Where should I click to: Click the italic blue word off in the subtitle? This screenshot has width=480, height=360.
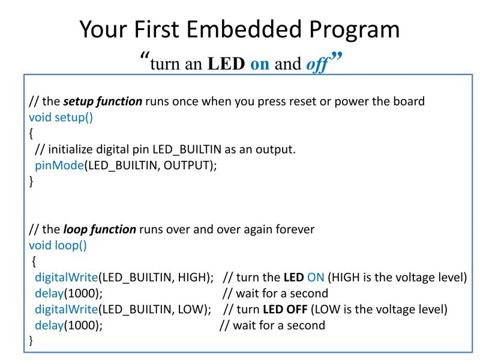317,64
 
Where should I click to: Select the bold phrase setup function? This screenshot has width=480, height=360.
103,101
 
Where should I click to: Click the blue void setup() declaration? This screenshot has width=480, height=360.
61,117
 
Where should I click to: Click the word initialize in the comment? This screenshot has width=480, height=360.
72,149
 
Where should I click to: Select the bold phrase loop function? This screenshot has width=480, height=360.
100,229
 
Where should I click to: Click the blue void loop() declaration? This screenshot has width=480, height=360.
58,245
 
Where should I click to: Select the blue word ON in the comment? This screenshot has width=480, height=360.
315,277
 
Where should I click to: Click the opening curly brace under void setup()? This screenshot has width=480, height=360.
31,133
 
